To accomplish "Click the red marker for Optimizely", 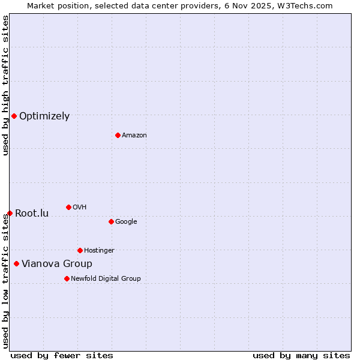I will (14, 116).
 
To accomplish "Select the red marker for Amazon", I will (118, 135).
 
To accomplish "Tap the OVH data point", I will (68, 207).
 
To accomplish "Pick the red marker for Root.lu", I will (10, 213).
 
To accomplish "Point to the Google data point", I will (111, 221).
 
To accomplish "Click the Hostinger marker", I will (80, 250).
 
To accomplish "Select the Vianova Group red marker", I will (16, 263).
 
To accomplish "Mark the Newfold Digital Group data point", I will (67, 278).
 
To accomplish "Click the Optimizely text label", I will (44, 116).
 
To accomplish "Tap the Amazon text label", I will (134, 136).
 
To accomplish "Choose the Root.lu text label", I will (32, 214).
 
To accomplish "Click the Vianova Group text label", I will (57, 264).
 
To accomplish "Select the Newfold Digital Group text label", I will (106, 279).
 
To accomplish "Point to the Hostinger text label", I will (99, 251).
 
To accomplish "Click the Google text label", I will (126, 222).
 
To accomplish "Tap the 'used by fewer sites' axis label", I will (62, 355).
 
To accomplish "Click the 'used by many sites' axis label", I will (301, 355).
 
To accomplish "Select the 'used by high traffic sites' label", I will (5, 85).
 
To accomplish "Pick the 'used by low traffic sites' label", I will (5, 281).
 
